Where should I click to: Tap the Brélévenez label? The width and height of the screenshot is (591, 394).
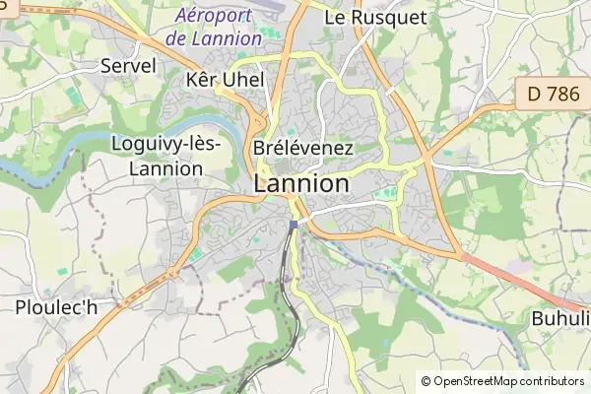[302, 148]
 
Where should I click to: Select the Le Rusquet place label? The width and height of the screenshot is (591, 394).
[375, 17]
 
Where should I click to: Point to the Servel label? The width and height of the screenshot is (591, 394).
[128, 66]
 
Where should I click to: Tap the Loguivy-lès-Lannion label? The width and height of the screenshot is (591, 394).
[166, 156]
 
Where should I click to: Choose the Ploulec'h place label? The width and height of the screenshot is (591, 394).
[56, 307]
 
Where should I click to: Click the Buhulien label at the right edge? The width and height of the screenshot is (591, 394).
[560, 318]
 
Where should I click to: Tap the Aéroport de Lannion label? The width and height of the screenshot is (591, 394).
[214, 28]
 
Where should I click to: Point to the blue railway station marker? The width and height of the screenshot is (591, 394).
[293, 225]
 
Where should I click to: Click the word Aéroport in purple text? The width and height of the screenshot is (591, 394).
[214, 16]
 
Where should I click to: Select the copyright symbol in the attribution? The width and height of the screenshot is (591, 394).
[426, 381]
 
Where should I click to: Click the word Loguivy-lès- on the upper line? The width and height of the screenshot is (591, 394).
[166, 144]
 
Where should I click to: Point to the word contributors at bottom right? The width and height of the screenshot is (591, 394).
[552, 381]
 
